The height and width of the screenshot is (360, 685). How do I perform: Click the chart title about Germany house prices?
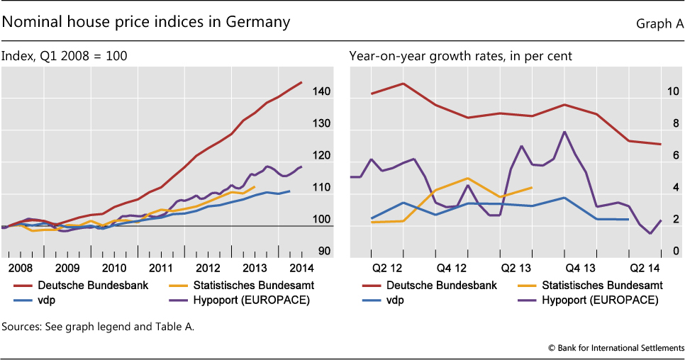(x=146, y=22)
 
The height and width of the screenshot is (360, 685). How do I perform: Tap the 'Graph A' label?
(x=659, y=24)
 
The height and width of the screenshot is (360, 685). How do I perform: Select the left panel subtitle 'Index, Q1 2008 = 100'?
(x=65, y=55)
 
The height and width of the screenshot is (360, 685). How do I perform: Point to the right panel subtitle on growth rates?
(x=460, y=55)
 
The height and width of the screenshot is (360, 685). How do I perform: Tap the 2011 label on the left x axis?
(x=161, y=269)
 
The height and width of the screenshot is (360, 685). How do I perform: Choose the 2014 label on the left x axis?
(x=301, y=269)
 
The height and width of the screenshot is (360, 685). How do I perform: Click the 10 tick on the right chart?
(x=670, y=92)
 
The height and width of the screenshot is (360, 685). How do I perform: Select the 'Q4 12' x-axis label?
(x=451, y=269)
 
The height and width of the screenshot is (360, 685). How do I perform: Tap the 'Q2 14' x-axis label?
(x=645, y=269)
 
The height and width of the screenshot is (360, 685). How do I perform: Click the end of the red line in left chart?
(x=301, y=83)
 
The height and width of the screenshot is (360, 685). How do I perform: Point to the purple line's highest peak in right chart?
(x=564, y=132)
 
